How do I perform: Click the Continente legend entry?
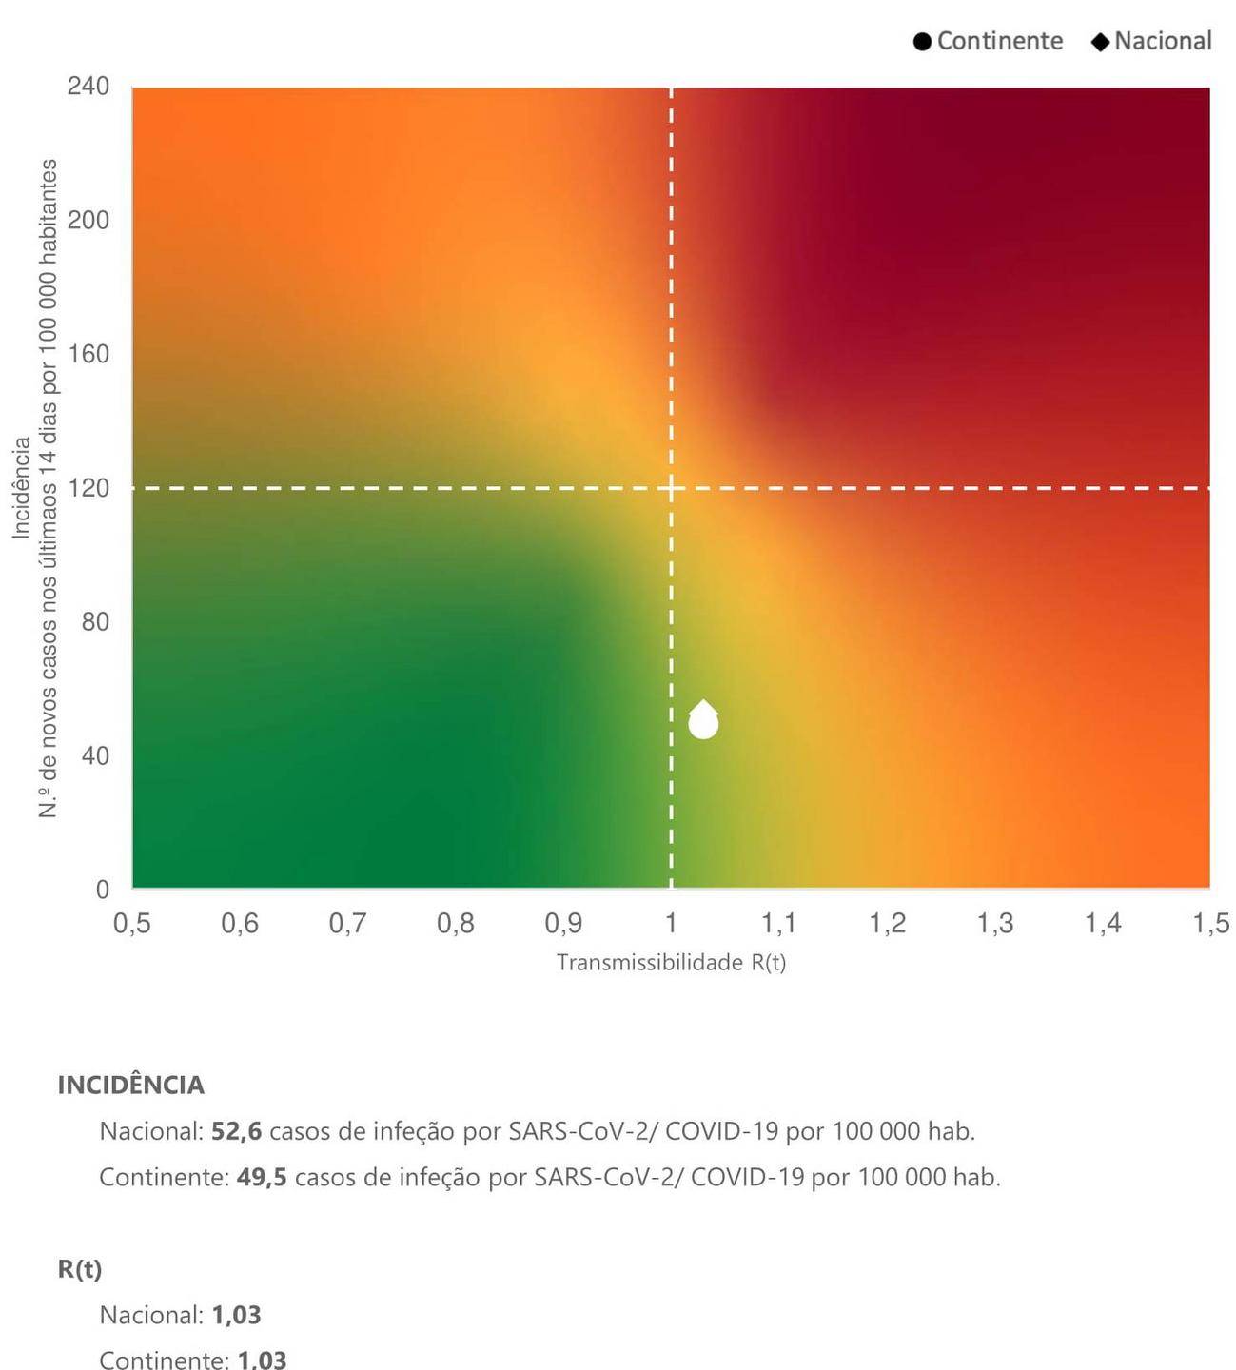click(x=988, y=41)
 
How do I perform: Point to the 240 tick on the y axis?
click(x=88, y=87)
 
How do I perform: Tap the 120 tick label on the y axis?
click(x=88, y=488)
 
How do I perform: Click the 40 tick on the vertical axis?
click(x=95, y=755)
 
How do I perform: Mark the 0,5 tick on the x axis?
click(x=132, y=923)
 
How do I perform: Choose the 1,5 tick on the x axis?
click(x=1210, y=923)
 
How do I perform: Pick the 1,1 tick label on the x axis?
click(x=778, y=923)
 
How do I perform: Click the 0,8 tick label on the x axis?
click(x=455, y=923)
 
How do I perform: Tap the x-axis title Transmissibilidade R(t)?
click(x=671, y=963)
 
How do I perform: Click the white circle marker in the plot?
click(x=703, y=725)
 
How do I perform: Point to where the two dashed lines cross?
click(x=672, y=488)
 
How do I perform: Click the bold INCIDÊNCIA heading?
click(x=131, y=1086)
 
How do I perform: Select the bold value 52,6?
click(x=236, y=1131)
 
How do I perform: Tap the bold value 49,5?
click(x=262, y=1177)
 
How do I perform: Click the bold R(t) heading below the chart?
click(x=80, y=1269)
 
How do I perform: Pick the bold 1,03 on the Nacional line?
click(x=236, y=1315)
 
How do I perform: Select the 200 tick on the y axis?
click(x=88, y=220)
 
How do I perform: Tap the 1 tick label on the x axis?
click(x=671, y=923)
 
